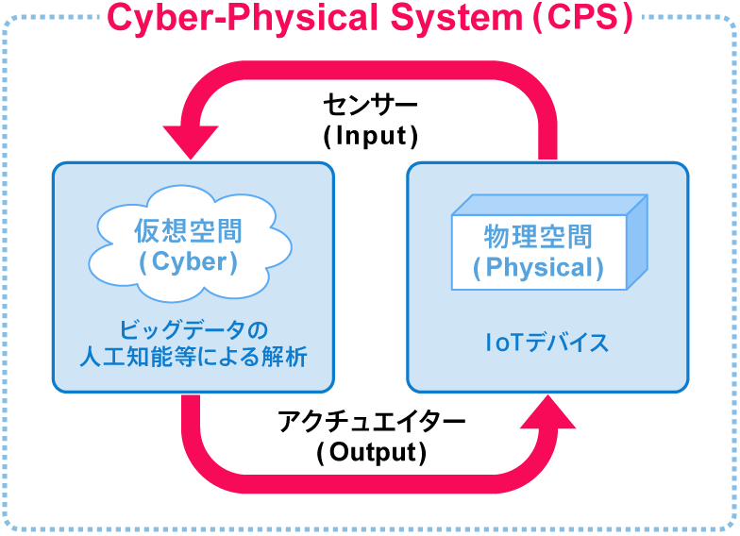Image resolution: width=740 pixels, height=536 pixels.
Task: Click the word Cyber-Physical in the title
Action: point(232,18)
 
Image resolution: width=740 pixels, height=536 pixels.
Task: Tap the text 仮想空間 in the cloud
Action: point(188,231)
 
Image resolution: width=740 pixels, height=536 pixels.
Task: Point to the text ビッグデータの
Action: point(193,330)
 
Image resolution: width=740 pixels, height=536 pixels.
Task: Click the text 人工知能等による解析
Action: point(193,359)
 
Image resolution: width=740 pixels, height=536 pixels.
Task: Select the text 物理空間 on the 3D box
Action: point(538,236)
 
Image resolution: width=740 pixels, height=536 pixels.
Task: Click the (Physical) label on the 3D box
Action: point(538,268)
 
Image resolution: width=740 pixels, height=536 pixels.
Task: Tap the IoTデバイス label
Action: point(547,343)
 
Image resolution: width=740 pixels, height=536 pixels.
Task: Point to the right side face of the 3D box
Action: point(637,243)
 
